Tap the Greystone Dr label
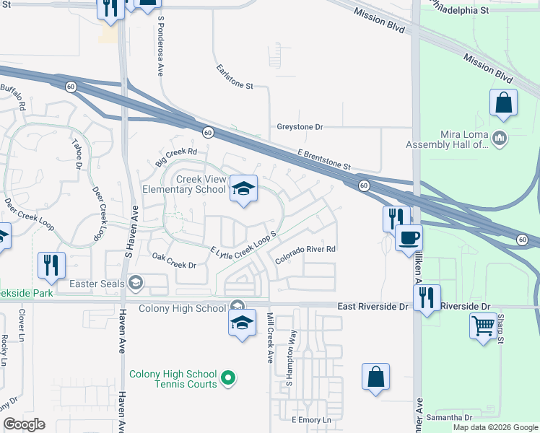(x=300, y=127)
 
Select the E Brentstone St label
(x=324, y=159)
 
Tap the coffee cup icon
(x=409, y=237)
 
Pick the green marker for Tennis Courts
(x=228, y=377)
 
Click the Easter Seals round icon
(x=134, y=284)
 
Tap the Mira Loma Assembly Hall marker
(x=500, y=138)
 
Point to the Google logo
(x=24, y=424)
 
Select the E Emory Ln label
(x=311, y=420)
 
